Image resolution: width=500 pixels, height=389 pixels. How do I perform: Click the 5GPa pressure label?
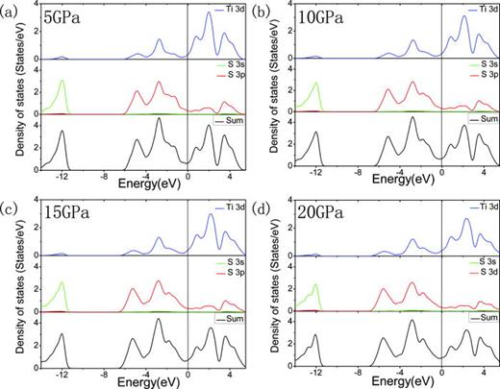point(61,17)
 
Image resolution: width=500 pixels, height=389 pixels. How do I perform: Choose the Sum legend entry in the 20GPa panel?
point(480,315)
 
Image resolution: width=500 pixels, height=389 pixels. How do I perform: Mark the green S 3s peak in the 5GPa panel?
point(62,83)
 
